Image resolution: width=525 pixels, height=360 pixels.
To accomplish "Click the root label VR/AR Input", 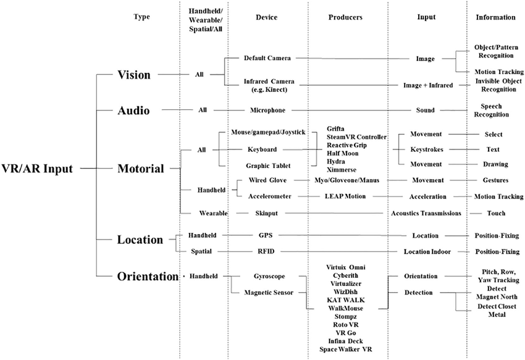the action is tap(37, 169).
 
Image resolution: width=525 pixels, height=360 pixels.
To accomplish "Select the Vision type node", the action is tap(134, 75).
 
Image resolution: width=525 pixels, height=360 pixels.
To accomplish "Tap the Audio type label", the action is tap(133, 111).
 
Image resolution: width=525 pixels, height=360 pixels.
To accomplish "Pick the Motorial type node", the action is tap(141, 169).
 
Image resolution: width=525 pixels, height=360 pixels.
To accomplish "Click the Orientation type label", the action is tap(148, 276).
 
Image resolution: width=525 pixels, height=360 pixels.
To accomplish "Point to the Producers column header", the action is tap(345, 17).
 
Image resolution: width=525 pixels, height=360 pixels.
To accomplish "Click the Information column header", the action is tap(495, 17).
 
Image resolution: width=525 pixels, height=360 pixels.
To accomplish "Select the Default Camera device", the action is tap(267, 58).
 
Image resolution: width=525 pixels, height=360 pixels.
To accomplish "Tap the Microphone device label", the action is tap(267, 110).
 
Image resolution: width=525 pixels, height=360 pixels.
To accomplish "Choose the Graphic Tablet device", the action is tap(268, 165).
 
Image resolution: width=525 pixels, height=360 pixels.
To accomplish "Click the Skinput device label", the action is tap(267, 213).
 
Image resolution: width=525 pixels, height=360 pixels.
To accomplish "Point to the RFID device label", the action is tap(266, 251).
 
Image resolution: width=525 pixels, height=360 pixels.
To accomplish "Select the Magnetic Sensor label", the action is tap(269, 293).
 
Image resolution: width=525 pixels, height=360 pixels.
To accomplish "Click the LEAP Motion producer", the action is tap(345, 196).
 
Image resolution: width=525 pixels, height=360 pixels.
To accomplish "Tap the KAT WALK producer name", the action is tap(346, 300).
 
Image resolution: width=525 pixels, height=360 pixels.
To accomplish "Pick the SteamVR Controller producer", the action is tap(356, 137).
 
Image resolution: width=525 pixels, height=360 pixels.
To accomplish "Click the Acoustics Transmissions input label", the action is tap(426, 213).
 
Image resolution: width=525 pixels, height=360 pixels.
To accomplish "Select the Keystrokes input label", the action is tap(427, 149).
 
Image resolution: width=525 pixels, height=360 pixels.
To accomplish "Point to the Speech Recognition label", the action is tap(491, 111).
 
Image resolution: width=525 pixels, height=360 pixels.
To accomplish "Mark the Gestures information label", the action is tap(495, 180).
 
